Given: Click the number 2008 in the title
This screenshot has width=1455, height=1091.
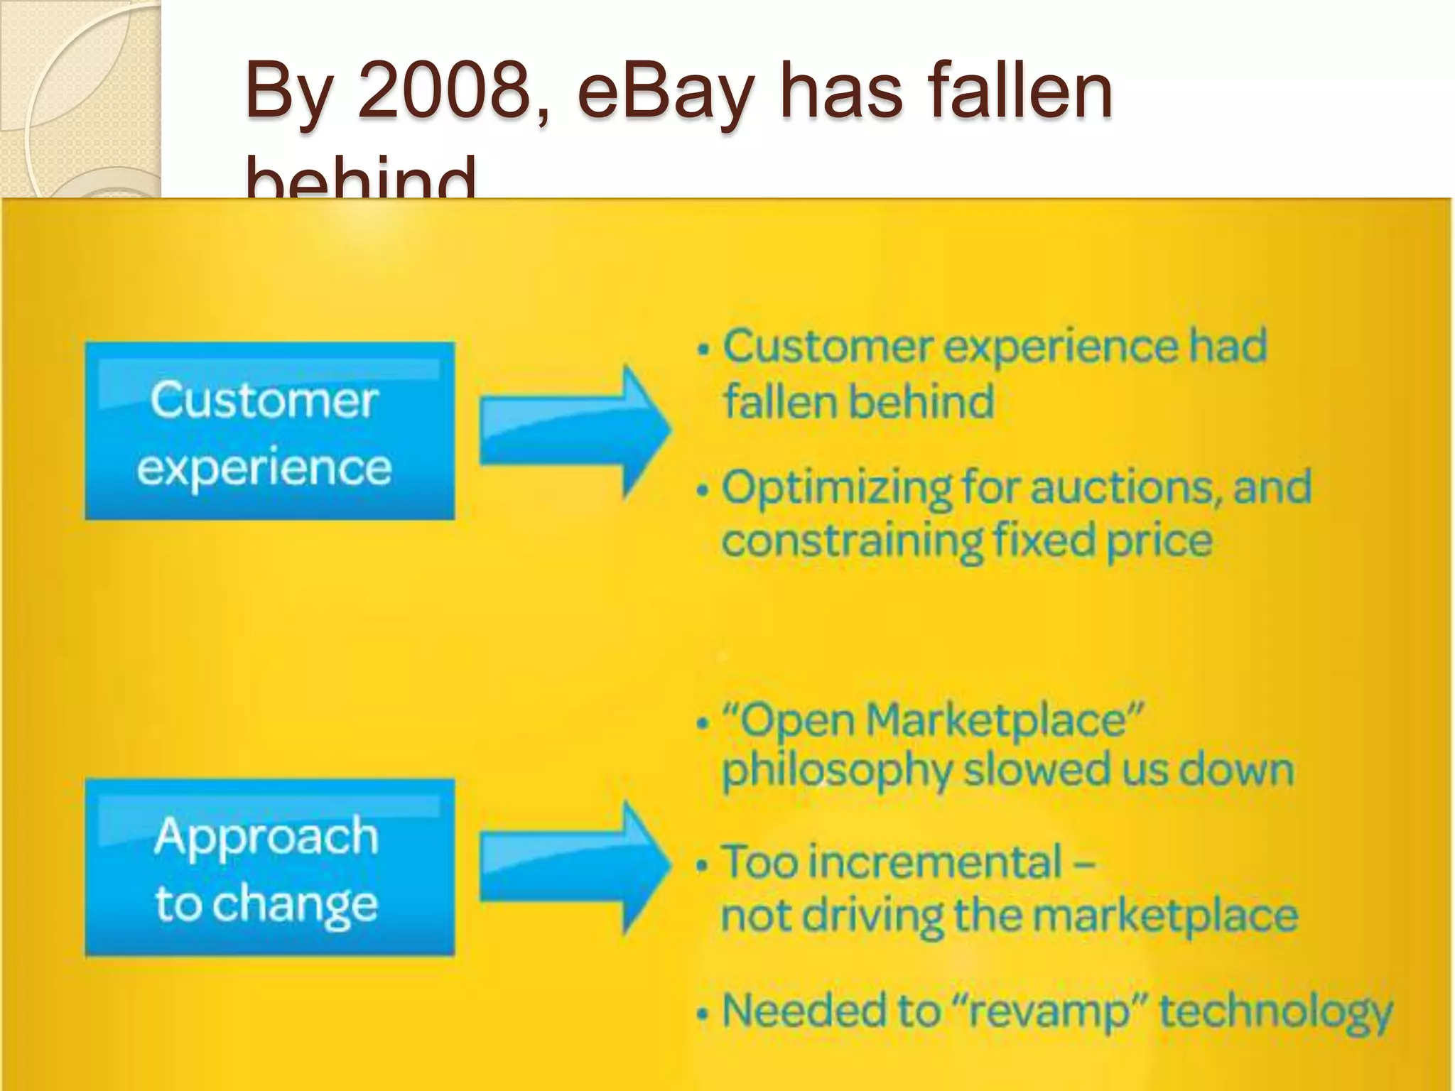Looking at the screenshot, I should (x=444, y=92).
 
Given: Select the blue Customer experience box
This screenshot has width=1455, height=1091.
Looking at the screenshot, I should (x=269, y=431).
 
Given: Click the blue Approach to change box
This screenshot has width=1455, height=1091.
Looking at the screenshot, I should (x=269, y=867).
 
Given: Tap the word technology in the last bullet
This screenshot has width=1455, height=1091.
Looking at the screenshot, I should (x=1276, y=1011).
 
